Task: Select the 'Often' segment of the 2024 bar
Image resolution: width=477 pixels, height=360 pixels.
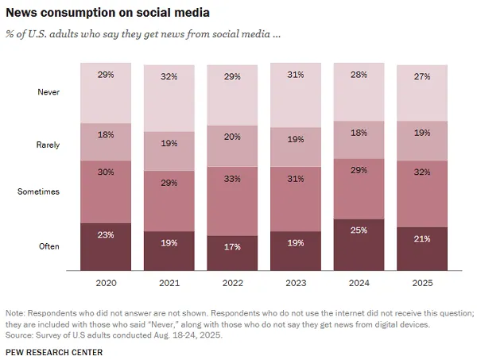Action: pyautogui.click(x=359, y=245)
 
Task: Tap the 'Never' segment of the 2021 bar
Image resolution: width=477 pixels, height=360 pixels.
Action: pyautogui.click(x=169, y=98)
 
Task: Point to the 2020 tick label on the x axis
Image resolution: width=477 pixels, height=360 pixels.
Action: pyautogui.click(x=106, y=281)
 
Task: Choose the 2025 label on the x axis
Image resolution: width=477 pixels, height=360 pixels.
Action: pyautogui.click(x=422, y=281)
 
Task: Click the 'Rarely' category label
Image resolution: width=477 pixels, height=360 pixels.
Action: pyautogui.click(x=48, y=145)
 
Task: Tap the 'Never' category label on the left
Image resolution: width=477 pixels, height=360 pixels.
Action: pyautogui.click(x=49, y=92)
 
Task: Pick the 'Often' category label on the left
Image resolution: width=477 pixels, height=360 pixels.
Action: pyautogui.click(x=49, y=246)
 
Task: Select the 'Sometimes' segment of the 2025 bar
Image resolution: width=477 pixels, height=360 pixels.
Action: pyautogui.click(x=422, y=194)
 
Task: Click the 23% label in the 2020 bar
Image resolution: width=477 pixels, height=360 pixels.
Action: pyautogui.click(x=106, y=234)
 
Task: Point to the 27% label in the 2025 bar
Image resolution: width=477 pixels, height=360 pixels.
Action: pyautogui.click(x=422, y=77)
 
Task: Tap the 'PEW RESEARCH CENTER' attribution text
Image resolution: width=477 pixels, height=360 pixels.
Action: pyautogui.click(x=54, y=351)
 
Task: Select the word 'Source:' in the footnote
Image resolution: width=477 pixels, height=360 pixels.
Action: pyautogui.click(x=21, y=334)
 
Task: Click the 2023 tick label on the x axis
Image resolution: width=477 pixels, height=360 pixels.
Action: pyautogui.click(x=296, y=281)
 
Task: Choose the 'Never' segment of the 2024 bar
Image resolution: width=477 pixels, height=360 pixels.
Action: pyautogui.click(x=359, y=93)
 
